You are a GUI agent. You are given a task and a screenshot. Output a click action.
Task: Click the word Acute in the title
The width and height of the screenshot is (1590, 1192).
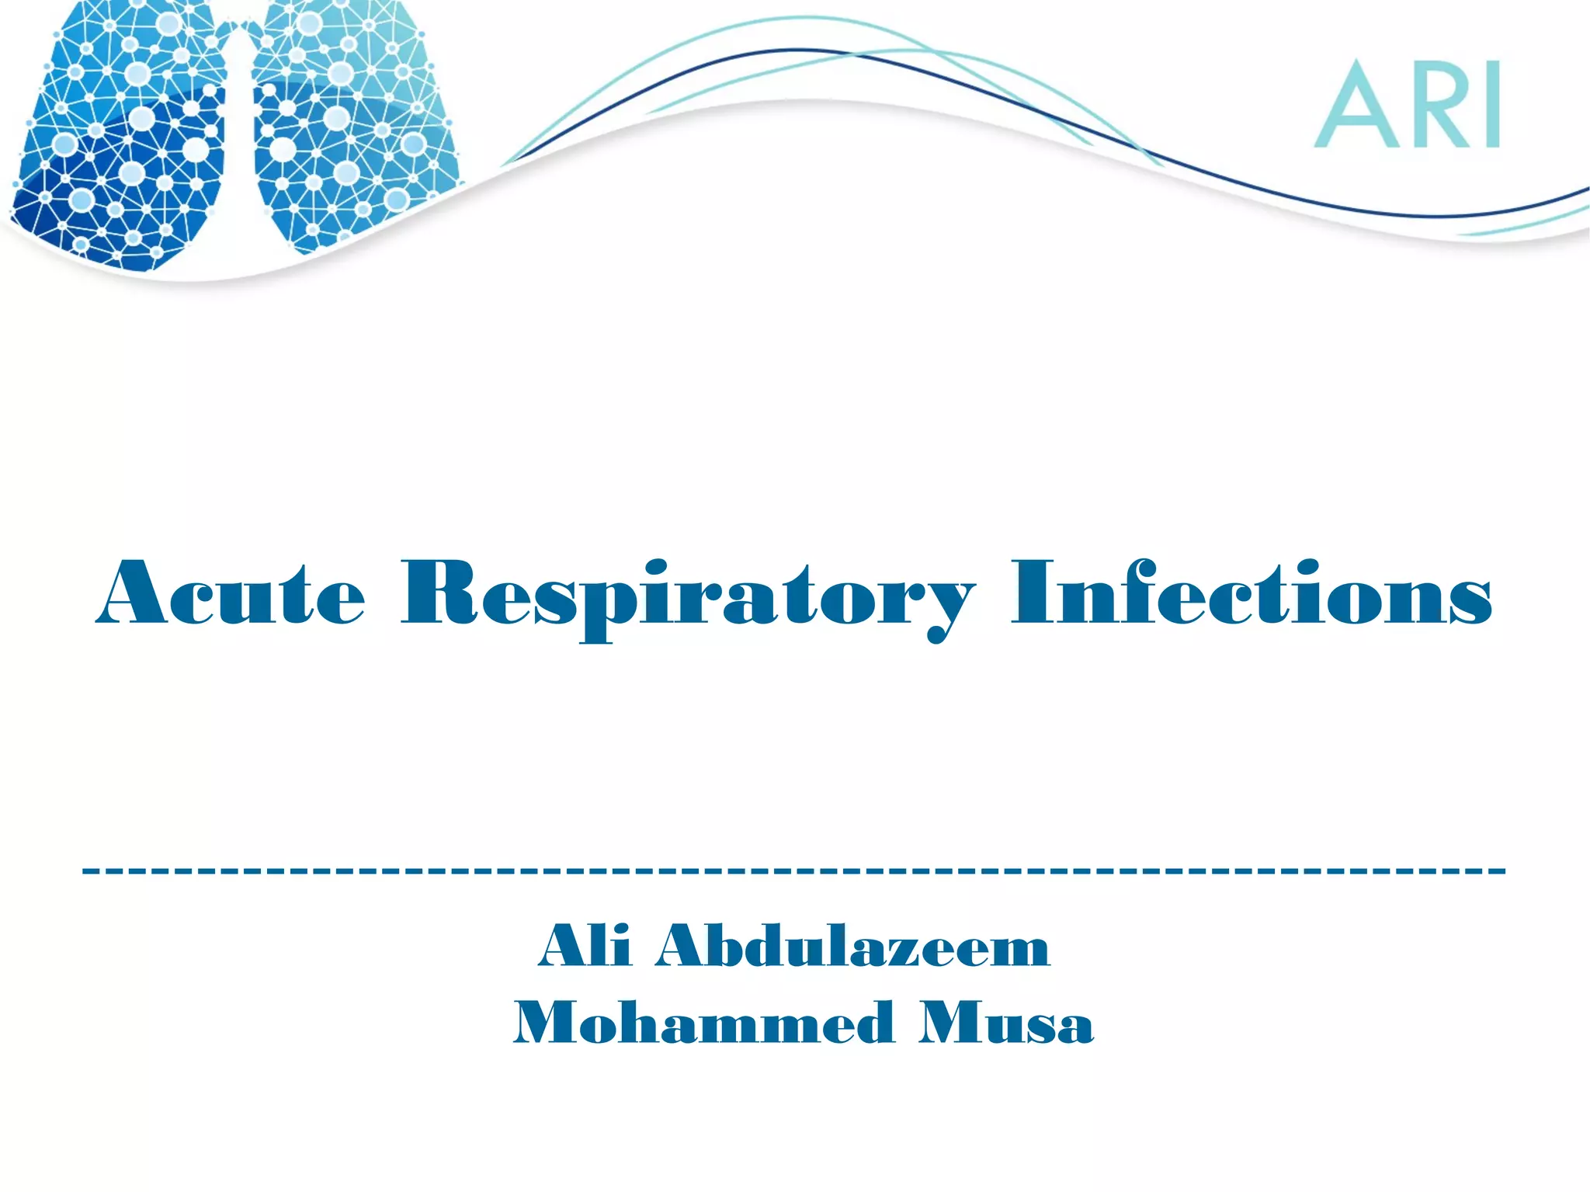(x=231, y=593)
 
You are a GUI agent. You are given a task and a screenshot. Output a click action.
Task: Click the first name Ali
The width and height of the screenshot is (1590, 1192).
(x=585, y=946)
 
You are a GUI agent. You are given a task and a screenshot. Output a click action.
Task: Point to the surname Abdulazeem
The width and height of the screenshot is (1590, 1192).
(x=852, y=946)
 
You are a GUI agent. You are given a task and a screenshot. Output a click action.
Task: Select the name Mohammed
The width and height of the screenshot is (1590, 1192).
(x=703, y=1023)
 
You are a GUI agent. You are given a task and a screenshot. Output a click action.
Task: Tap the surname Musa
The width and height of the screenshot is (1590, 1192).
(x=1006, y=1023)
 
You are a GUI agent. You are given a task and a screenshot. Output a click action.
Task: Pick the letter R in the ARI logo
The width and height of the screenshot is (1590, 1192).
(x=1436, y=105)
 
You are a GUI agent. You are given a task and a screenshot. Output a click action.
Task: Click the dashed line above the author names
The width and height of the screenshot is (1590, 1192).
(x=793, y=871)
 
